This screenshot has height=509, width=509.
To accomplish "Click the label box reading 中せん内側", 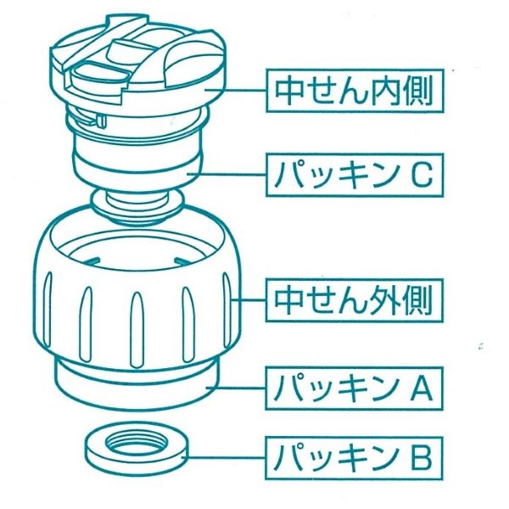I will coord(355,89).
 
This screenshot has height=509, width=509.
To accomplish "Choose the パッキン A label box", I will coord(355,389).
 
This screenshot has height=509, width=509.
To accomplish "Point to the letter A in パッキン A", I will coord(422,389).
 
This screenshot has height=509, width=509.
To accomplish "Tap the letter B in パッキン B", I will coord(422,458).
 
